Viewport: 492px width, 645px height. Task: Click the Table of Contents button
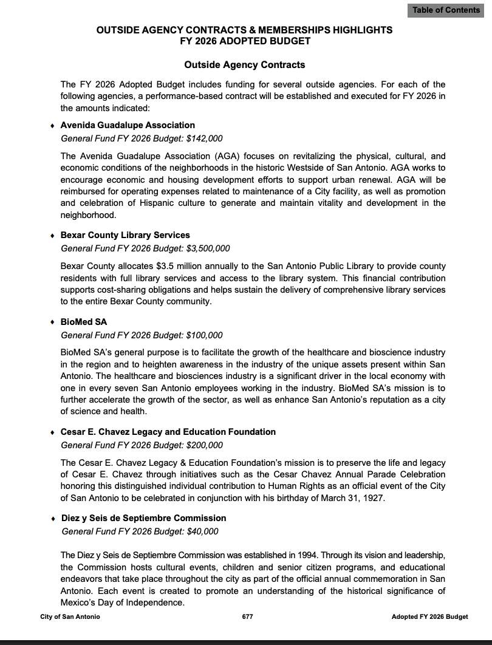(446, 10)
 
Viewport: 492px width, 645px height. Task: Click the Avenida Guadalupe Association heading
(128, 125)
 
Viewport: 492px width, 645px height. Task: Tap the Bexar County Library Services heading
(125, 235)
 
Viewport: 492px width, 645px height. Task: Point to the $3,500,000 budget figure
(207, 248)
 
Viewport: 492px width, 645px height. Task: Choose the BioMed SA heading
(84, 322)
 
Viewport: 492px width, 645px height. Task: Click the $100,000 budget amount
(203, 335)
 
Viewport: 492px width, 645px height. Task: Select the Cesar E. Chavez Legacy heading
(168, 432)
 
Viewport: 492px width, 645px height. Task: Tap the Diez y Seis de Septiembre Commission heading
(143, 518)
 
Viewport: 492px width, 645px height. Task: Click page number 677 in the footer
(247, 616)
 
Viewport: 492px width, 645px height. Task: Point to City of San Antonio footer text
(70, 616)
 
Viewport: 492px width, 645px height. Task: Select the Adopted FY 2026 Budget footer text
(429, 616)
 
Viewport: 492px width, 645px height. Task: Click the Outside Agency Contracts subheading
(245, 64)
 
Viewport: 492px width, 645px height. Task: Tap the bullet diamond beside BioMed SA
(52, 322)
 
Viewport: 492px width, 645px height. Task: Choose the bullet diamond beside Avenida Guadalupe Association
(52, 126)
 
